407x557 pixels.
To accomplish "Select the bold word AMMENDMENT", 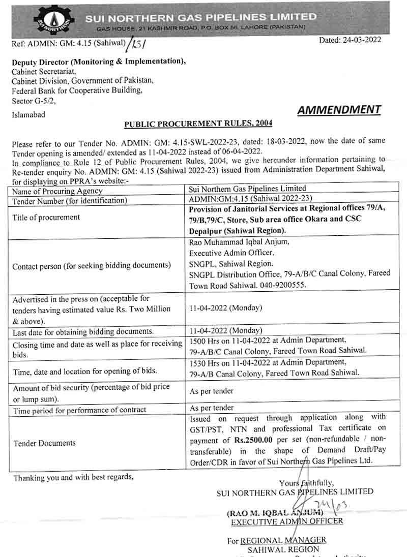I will click(339, 110).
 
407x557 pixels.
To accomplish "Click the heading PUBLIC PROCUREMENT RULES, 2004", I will click(198, 123).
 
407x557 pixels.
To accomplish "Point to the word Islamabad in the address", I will click(28, 115).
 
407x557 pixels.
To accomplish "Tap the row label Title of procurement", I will click(46, 217).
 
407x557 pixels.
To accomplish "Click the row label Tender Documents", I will click(44, 443).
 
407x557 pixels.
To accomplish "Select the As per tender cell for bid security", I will click(212, 391).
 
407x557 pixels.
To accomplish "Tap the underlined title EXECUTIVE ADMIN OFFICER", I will click(287, 521).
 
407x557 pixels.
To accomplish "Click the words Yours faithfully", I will click(306, 482).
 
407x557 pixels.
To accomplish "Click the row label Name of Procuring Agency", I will click(57, 191).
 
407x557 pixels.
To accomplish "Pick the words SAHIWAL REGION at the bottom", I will click(283, 549).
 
